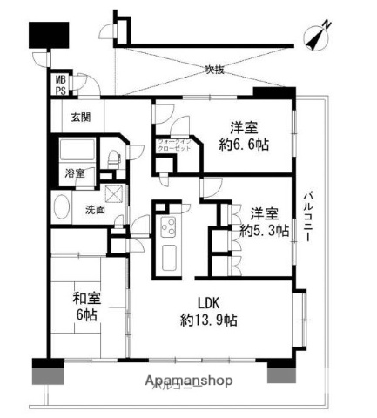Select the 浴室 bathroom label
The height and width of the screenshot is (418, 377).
coord(73,172)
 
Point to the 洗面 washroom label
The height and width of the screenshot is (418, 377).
coord(95,210)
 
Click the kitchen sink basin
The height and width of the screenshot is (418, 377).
coord(167,255)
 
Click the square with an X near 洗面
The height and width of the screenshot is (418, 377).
coord(113,194)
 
